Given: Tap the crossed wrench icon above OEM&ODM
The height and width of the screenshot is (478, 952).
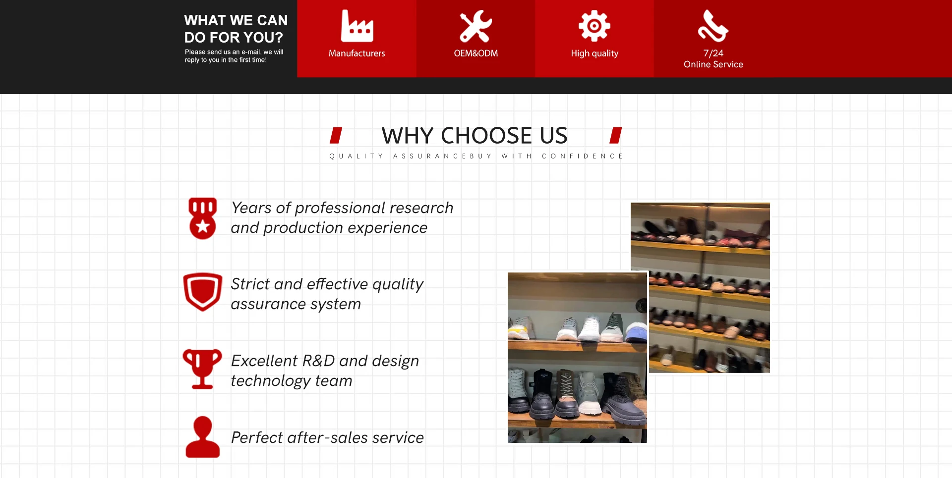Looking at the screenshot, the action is (476, 26).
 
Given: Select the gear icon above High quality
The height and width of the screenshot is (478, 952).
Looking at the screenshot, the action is (595, 26).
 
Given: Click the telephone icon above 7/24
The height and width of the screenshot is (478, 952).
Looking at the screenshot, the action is (713, 26).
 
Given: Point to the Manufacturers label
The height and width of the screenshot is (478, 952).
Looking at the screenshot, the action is (357, 53).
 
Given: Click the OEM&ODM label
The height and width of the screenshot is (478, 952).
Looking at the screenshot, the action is (476, 53).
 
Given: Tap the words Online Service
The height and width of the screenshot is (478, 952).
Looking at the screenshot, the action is (714, 64).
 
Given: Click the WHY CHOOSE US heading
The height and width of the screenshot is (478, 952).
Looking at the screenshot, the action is (475, 135).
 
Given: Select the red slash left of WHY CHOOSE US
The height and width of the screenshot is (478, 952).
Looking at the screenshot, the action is (336, 135).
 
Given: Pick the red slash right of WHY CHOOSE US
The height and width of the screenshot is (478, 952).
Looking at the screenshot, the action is (616, 135).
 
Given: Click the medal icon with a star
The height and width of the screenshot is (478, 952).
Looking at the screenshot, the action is (203, 218).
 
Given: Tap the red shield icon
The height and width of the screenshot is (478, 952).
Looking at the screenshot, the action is (203, 292).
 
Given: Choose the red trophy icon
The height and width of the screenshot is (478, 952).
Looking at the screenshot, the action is (202, 369).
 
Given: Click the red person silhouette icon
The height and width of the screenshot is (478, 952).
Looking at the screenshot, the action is (203, 437).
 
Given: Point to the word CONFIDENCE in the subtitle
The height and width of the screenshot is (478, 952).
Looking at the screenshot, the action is (582, 156).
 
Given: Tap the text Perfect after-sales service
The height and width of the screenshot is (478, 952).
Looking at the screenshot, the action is (327, 437).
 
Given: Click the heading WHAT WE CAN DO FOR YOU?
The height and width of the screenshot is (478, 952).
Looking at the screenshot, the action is (236, 29).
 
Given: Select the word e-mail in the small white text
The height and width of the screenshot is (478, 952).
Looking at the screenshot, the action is (251, 52).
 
